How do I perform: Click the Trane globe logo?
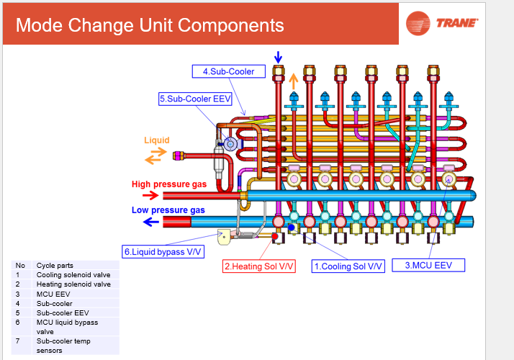418,23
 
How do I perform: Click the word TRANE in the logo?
457,23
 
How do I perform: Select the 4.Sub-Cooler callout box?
228,71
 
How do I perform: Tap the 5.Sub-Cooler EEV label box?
195,99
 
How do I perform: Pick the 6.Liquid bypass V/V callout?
163,252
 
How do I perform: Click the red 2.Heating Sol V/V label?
259,266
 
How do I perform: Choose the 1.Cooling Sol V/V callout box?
348,266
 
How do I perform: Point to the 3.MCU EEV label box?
428,265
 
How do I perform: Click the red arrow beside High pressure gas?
150,196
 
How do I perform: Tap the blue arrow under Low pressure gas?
151,222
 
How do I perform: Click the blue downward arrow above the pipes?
278,57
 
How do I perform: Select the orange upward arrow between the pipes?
294,81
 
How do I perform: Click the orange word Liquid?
157,140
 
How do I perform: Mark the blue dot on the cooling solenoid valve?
291,228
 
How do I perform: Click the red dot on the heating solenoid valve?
275,236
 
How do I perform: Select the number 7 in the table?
18,341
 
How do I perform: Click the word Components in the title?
231,26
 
